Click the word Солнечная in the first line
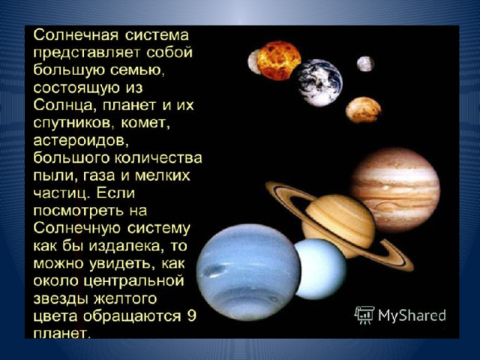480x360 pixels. (76, 35)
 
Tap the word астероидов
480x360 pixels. (79, 141)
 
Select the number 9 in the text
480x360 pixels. (191, 316)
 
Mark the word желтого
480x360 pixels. (125, 298)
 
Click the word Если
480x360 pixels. (115, 193)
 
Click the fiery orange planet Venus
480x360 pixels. (279, 60)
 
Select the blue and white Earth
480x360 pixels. (318, 82)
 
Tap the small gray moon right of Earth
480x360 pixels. (365, 64)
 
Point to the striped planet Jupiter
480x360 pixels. (397, 190)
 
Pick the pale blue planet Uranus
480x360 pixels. (320, 269)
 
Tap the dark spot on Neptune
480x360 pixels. (212, 270)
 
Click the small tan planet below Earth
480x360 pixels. (363, 110)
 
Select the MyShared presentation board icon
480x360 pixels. (364, 315)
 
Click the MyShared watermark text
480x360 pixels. (412, 316)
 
